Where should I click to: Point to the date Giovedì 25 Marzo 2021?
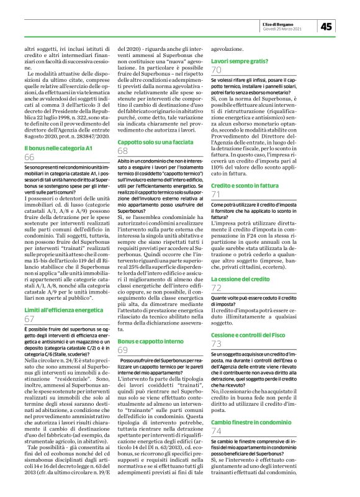[x=283, y=29]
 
